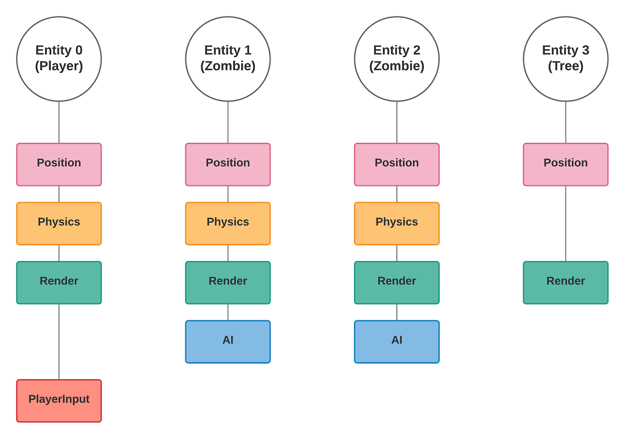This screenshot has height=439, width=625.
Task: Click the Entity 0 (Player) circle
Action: pos(59,58)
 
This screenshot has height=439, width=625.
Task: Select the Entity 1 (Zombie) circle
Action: pos(228,58)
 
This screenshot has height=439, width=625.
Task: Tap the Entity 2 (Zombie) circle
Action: pos(396,58)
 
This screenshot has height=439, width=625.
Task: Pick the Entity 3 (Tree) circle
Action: pos(566,58)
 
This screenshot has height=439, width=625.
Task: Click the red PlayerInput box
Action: pos(59,400)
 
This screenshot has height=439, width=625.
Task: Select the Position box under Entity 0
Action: pos(59,164)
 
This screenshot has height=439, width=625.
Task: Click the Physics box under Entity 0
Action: pos(59,223)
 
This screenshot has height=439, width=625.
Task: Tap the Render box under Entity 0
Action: pos(59,282)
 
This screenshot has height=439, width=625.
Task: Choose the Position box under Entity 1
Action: pos(228,164)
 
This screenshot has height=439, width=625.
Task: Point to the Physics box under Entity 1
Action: pos(228,223)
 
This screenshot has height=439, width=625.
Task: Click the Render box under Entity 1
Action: pos(228,282)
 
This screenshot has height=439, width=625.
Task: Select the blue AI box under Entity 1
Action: pos(228,341)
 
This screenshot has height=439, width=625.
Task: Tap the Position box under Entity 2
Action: pos(396,164)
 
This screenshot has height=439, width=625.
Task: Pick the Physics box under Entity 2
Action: pos(396,223)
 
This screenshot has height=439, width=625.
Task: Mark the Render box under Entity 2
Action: pos(396,282)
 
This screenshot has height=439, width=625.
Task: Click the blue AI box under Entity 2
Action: pos(396,341)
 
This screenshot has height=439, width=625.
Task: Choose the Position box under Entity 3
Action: pos(566,164)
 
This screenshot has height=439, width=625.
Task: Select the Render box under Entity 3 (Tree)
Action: pos(566,282)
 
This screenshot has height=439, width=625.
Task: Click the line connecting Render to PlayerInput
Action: pos(59,342)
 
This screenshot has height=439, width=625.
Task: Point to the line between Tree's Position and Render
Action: pos(566,223)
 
